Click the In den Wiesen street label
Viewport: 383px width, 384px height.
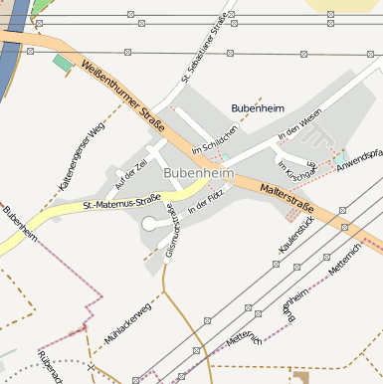pos(301,127)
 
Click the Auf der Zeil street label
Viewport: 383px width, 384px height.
pos(130,176)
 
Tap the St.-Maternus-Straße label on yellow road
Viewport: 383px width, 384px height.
pos(122,205)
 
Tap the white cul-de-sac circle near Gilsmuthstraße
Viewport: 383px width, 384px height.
pos(149,225)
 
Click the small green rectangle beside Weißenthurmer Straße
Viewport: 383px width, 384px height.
pos(64,64)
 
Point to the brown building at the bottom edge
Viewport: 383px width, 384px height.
pos(301,377)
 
